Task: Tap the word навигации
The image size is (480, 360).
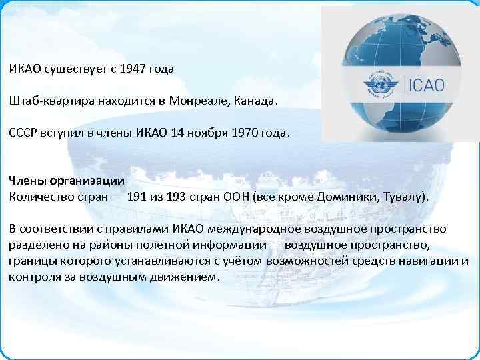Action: pos(427,261)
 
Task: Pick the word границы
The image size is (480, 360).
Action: pos(29,261)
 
